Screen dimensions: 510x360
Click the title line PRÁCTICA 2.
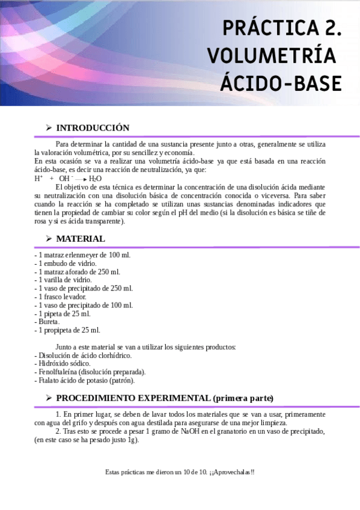tap(282, 28)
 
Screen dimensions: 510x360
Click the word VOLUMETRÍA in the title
tap(271, 55)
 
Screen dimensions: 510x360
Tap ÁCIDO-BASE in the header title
tap(281, 83)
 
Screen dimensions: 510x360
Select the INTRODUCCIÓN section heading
tap(93, 128)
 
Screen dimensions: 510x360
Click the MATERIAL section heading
tap(81, 239)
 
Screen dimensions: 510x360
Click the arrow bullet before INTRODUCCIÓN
tap(49, 128)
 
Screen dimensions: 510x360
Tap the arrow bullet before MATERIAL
tap(49, 239)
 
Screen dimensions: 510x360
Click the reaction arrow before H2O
tap(81, 179)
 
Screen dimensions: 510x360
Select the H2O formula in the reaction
tap(95, 179)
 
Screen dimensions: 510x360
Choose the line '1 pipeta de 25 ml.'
tap(63, 313)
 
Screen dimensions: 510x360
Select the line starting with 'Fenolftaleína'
tap(90, 372)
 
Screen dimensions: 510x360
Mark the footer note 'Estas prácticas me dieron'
tap(180, 472)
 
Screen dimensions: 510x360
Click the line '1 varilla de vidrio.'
tap(63, 280)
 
